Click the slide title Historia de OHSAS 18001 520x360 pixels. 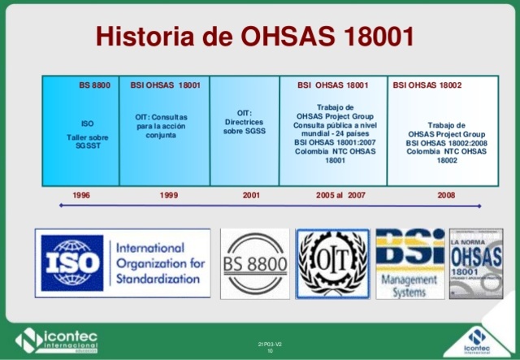point(255,37)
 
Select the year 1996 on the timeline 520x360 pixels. point(81,196)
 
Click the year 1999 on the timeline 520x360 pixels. point(169,196)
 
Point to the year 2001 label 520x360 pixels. point(252,196)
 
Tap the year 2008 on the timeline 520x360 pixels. point(446,196)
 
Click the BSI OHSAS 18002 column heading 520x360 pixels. point(427,85)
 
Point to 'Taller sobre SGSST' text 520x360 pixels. point(87,142)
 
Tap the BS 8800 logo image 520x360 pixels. point(254,265)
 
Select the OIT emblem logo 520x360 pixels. point(332,265)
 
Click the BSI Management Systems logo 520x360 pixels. point(409,265)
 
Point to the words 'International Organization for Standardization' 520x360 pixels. point(158,263)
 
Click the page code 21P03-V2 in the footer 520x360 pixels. point(270,345)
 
